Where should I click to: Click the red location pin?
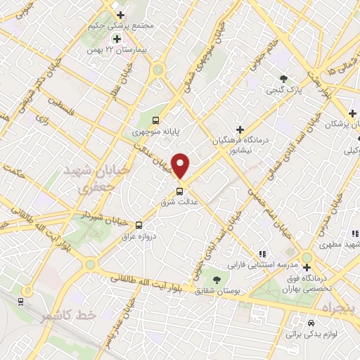tap(181, 166)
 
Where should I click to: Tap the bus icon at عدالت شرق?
tap(179, 190)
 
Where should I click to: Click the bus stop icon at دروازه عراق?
tap(139, 225)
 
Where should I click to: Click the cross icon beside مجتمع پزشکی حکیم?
tap(120, 15)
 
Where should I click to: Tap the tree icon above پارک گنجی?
tap(283, 79)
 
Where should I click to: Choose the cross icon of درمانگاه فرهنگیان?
tap(241, 129)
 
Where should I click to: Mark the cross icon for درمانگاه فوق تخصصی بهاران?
tap(307, 267)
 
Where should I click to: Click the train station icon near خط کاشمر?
tap(21, 301)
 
